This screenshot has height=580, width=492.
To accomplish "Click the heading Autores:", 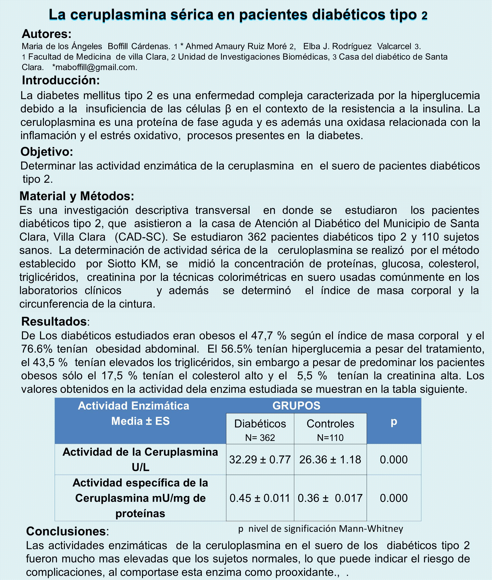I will click(x=47, y=34).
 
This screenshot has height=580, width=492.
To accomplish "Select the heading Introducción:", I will click(x=61, y=80).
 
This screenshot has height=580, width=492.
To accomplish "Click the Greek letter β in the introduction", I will click(x=228, y=109).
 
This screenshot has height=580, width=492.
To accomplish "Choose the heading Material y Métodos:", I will click(x=77, y=196).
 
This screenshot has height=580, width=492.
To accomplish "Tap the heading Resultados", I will click(x=54, y=321).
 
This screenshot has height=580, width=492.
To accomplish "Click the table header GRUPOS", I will click(x=296, y=406).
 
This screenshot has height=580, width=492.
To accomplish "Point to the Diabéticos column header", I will click(x=260, y=424).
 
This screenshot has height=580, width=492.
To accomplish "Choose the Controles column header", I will click(x=330, y=424).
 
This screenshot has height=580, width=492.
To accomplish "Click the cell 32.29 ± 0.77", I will click(x=260, y=460).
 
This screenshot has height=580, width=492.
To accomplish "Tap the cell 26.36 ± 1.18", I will click(x=330, y=460).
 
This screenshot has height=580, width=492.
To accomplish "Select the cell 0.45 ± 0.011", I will click(x=260, y=498).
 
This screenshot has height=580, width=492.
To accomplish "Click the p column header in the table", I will click(x=394, y=421).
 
